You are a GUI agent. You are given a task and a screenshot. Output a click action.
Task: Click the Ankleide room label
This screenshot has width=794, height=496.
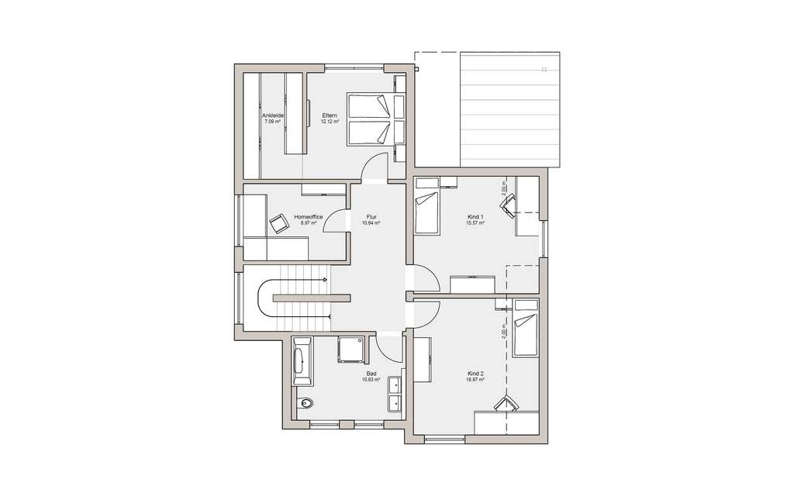[272, 115]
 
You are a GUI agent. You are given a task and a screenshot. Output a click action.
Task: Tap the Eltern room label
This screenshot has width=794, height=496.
[330, 115]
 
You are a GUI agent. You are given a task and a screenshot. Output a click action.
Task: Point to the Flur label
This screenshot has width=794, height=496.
[371, 217]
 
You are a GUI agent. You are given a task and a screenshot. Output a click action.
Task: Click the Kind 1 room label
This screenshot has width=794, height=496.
[475, 217]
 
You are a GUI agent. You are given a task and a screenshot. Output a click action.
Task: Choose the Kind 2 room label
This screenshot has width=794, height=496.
[475, 374]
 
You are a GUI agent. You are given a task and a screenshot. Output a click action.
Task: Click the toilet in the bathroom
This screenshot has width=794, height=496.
[306, 403]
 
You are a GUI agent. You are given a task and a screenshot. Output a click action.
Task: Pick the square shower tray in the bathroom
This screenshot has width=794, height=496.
[350, 351]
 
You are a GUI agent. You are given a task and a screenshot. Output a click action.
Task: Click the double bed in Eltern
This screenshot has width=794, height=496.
[369, 120]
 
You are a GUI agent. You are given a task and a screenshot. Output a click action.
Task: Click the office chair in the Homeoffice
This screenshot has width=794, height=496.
[278, 223]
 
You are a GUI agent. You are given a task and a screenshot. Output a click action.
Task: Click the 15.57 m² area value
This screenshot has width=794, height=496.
[475, 223]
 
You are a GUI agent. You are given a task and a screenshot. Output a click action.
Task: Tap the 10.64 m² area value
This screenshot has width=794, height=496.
[371, 223]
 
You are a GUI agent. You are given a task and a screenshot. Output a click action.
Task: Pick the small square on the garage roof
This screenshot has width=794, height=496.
[544, 70]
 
